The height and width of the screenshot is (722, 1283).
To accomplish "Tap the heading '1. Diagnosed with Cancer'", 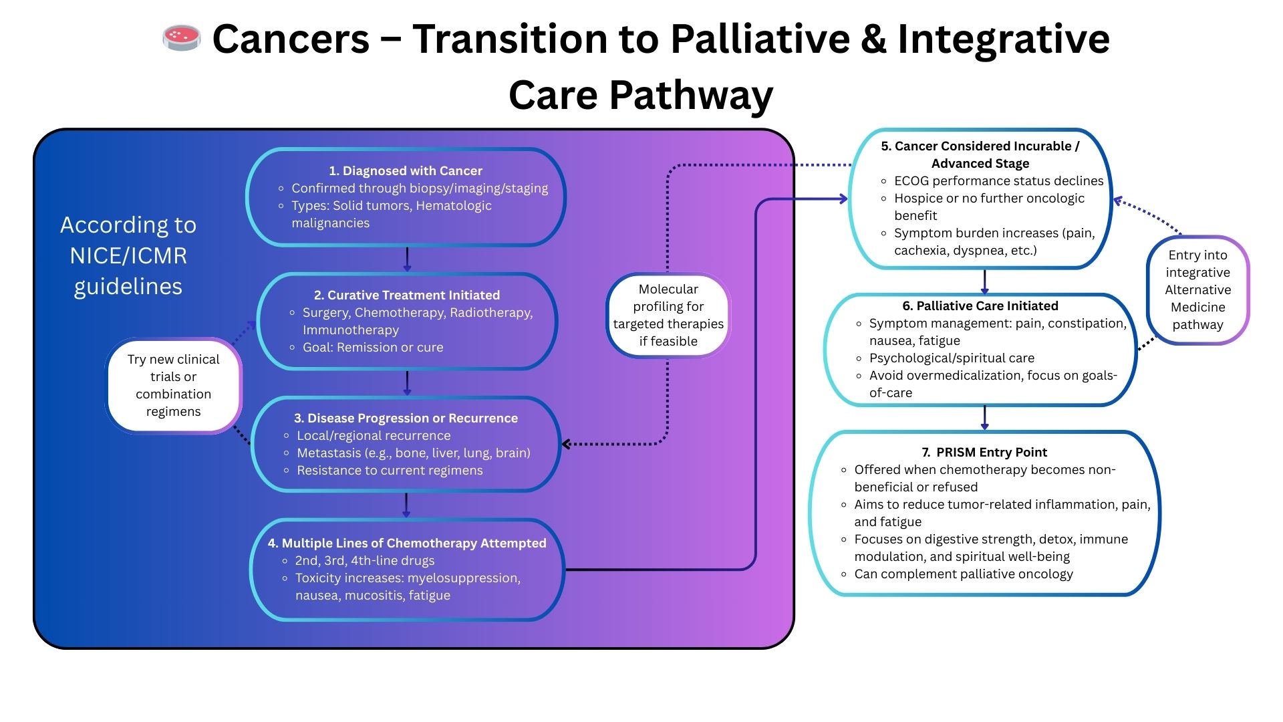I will [x=405, y=170].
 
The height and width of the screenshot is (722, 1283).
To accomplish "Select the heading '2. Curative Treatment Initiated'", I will [x=406, y=295].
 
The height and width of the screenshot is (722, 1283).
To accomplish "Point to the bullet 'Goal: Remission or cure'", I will [x=372, y=347].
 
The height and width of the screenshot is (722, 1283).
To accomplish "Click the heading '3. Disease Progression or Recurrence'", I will [x=406, y=418].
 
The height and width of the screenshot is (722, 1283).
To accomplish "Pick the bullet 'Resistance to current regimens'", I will [x=390, y=470].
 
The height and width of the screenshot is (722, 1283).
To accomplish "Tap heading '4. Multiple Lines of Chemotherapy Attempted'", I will [x=406, y=543].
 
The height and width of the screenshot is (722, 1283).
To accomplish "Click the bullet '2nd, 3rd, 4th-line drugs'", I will [x=364, y=560].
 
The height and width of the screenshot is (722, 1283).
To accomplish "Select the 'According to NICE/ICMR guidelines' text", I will [x=128, y=255].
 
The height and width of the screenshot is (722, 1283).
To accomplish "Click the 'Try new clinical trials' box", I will [x=174, y=385].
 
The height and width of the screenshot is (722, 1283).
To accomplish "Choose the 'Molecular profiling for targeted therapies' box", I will [x=668, y=315].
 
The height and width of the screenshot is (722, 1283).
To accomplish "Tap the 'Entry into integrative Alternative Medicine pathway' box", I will [x=1197, y=289].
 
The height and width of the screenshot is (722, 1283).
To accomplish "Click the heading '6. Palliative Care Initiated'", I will [x=980, y=306].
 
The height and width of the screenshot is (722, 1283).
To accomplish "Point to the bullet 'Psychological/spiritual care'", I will [x=951, y=358].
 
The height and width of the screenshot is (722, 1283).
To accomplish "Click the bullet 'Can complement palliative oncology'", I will [x=963, y=574].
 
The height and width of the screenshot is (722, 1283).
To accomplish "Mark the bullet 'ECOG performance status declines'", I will [x=998, y=180].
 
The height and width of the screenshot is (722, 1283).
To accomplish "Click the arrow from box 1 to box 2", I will [x=407, y=259].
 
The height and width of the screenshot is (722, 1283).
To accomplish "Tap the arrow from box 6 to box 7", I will [x=984, y=417].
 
